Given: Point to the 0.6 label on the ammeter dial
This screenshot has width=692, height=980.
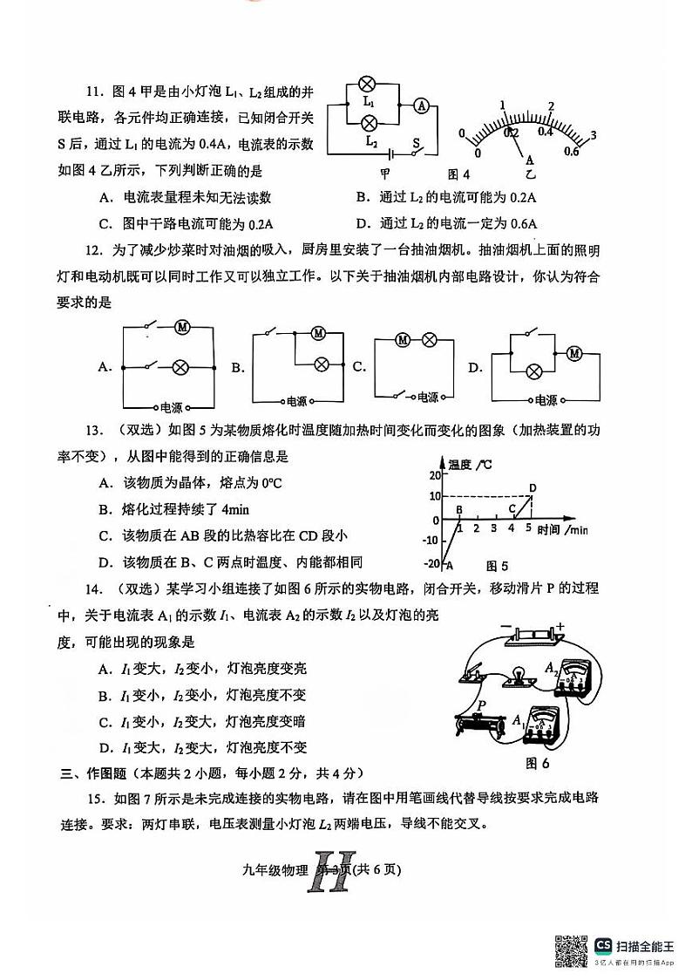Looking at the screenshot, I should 571,152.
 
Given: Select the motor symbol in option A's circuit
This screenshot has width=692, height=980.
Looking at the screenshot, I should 183,327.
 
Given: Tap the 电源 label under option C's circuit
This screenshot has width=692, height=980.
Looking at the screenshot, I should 427,397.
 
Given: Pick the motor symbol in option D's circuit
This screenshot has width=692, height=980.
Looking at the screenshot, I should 573,353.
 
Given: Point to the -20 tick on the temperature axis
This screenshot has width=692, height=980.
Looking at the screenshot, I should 431,563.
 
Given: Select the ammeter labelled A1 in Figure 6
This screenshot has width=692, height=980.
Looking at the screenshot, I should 547,725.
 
